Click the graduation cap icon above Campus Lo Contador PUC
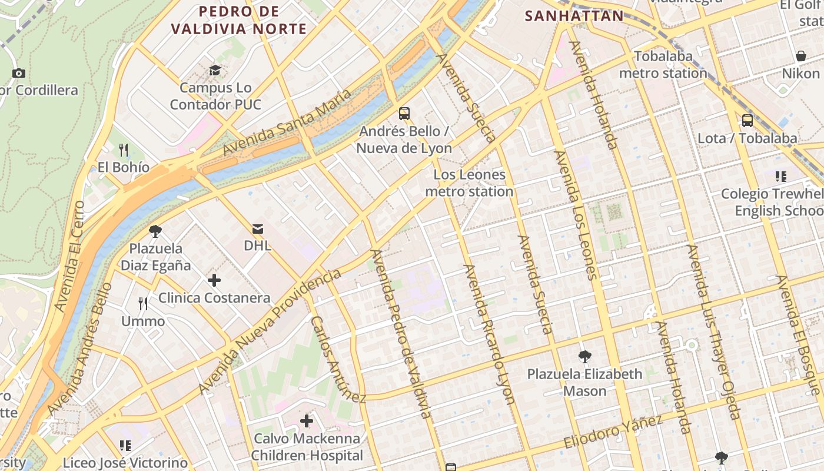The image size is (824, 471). [215, 71]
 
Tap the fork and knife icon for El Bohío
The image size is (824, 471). [124, 150]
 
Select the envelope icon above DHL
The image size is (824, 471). [258, 228]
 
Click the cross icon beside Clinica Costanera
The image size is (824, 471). [214, 280]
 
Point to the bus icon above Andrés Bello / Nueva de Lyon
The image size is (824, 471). [404, 113]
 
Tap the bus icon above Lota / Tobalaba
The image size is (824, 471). [747, 121]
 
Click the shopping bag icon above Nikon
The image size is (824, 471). [800, 56]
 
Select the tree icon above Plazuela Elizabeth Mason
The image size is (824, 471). [584, 356]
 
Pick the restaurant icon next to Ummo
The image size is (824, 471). [143, 304]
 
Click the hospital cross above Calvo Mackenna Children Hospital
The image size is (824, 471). [307, 421]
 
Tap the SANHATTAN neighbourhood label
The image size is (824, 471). [574, 16]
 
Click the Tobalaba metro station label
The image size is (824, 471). [663, 65]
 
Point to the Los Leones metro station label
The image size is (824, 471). [469, 183]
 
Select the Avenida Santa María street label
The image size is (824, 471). [287, 122]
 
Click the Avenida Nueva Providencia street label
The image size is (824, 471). [269, 332]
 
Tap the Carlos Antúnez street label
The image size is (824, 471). [338, 359]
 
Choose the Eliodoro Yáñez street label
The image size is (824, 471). [613, 432]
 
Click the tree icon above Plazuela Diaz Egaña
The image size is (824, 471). [155, 231]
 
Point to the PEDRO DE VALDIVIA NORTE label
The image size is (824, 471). [239, 20]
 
